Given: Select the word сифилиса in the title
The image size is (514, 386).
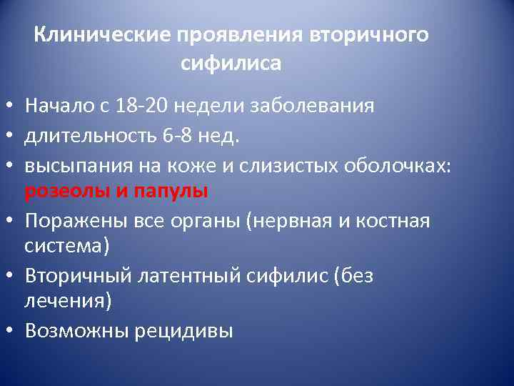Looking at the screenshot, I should [x=231, y=64].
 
